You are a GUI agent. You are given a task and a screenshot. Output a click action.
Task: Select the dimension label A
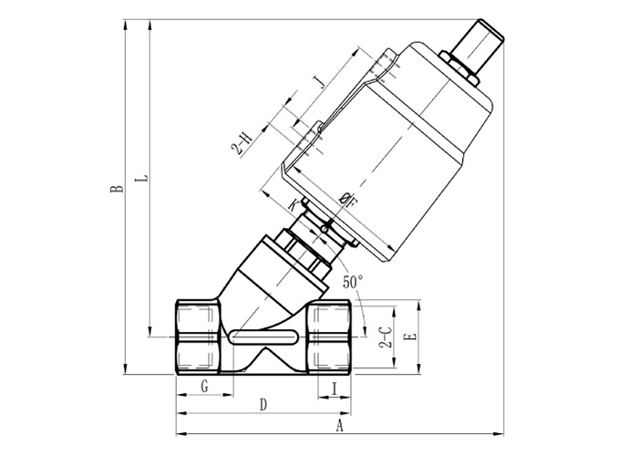click(x=339, y=425)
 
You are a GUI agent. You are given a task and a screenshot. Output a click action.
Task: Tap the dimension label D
click(x=263, y=405)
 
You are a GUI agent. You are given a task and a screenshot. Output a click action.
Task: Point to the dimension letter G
click(x=204, y=387)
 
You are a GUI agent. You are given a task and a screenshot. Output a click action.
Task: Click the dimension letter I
click(x=334, y=388)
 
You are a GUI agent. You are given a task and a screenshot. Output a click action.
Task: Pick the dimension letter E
click(x=412, y=336)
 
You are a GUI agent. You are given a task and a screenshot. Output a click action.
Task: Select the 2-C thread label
click(x=386, y=337)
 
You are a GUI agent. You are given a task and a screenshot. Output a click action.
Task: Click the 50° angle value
click(x=353, y=282)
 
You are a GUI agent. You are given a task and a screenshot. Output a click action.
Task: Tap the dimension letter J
click(x=320, y=82)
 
